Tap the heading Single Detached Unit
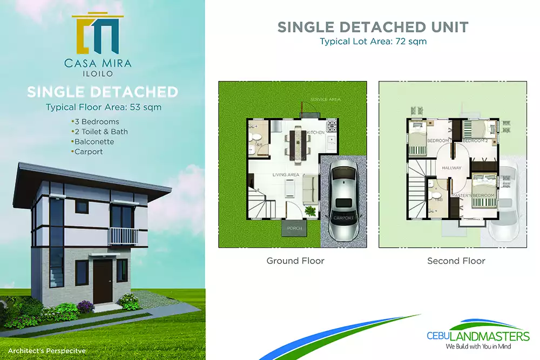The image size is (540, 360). pos(373,27)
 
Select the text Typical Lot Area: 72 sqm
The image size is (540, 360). pos(373,42)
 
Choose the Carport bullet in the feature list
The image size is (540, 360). pos(88,152)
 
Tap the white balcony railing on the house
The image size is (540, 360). pos(123,236)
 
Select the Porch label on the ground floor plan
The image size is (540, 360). pos(294,228)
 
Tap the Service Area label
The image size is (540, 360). pos(325,100)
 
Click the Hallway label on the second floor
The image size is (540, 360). pos(451,168)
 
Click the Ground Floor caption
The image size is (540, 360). pos(295,261)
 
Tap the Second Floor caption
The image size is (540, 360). pos(456,261)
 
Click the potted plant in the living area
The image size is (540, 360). pos(310,210)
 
